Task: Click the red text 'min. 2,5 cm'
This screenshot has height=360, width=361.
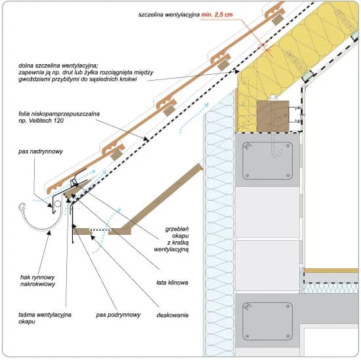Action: click(217, 14)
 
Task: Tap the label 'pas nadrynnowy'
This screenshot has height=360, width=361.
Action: click(41, 151)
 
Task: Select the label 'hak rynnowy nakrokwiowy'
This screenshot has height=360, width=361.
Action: click(38, 281)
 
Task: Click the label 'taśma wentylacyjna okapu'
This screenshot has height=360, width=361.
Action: click(45, 318)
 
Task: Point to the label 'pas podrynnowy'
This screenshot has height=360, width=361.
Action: click(118, 315)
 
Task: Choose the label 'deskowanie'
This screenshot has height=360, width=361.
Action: click(173, 315)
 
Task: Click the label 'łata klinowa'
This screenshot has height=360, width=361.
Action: click(172, 283)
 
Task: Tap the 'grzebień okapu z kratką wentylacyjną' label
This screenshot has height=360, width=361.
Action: click(171, 239)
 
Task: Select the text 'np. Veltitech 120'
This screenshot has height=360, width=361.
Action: click(41, 121)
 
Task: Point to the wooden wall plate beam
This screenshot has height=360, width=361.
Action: click(273, 116)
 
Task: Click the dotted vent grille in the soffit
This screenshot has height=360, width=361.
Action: click(100, 230)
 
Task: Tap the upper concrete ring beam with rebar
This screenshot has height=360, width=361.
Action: click(267, 161)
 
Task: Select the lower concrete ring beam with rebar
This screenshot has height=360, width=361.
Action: click(267, 321)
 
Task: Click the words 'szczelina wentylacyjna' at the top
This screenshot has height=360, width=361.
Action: click(169, 14)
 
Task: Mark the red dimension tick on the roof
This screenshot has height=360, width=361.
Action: click(266, 48)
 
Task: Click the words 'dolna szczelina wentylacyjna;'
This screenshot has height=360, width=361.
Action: click(58, 66)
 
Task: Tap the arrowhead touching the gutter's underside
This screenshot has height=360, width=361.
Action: click(49, 233)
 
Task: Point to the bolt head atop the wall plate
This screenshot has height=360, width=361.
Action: click(274, 98)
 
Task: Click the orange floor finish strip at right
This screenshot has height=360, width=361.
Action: click(331, 270)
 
